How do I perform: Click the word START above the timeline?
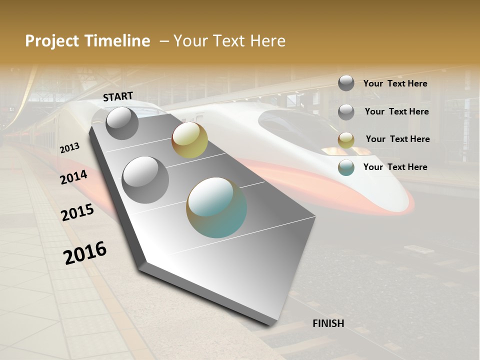coord(118,96)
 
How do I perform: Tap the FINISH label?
coord(328,323)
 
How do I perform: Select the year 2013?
coord(69,148)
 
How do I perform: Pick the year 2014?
coord(74,177)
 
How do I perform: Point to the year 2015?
coord(77,213)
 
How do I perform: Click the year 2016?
coord(85,252)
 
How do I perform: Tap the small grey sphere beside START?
coord(122,123)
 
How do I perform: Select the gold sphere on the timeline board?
coord(189,140)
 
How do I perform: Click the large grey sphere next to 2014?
coord(145,179)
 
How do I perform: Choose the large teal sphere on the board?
coord(216,207)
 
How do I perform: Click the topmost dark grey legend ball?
coord(346,83)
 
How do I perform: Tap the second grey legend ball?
coord(346,111)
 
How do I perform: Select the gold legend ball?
coord(346,139)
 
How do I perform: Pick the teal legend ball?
coord(346,167)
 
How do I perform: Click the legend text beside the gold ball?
coord(397,139)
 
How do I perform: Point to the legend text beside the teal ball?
coord(395,167)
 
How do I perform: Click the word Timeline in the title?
coord(113,41)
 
